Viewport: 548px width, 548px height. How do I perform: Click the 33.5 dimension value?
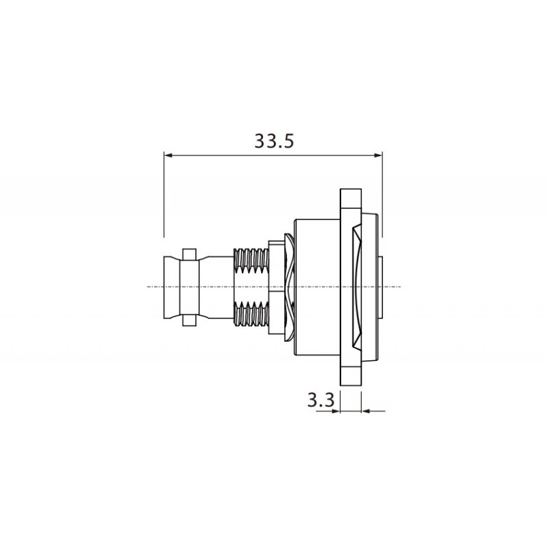click(274, 142)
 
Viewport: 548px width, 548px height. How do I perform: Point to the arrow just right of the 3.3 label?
click(336, 410)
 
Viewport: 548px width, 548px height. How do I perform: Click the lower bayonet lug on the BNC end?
click(191, 317)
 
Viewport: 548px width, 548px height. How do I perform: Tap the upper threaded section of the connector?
click(250, 260)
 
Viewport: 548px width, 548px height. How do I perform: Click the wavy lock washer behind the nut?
click(289, 286)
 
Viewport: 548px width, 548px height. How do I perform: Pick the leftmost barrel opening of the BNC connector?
click(169, 286)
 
